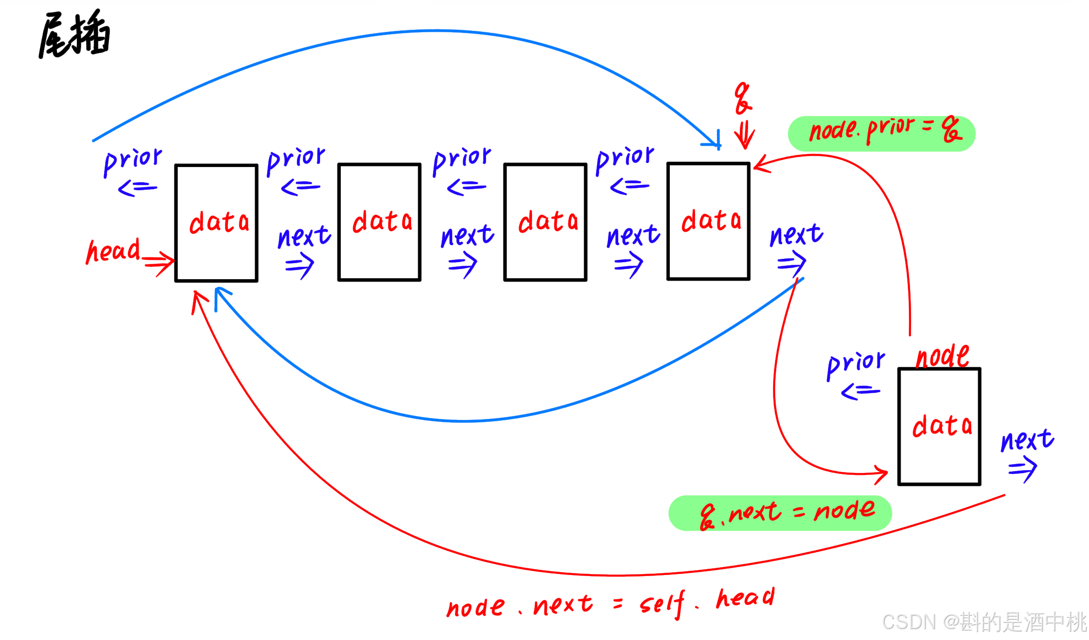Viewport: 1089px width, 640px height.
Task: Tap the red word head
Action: click(113, 250)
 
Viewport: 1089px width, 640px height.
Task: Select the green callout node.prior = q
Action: click(881, 133)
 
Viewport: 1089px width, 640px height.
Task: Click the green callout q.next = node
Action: click(780, 513)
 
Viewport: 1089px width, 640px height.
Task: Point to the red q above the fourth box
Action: click(742, 98)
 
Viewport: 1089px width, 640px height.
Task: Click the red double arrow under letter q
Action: click(744, 134)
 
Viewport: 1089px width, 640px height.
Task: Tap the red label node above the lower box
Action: click(942, 356)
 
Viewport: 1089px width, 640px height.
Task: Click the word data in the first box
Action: click(219, 222)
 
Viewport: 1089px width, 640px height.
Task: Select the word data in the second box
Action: click(382, 221)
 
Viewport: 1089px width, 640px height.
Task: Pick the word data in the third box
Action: click(548, 221)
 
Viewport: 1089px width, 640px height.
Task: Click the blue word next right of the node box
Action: click(1027, 441)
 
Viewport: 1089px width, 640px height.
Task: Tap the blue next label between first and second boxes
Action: click(304, 236)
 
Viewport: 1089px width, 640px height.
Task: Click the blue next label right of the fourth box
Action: click(796, 235)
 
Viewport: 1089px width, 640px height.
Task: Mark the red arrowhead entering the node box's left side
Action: click(881, 473)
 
